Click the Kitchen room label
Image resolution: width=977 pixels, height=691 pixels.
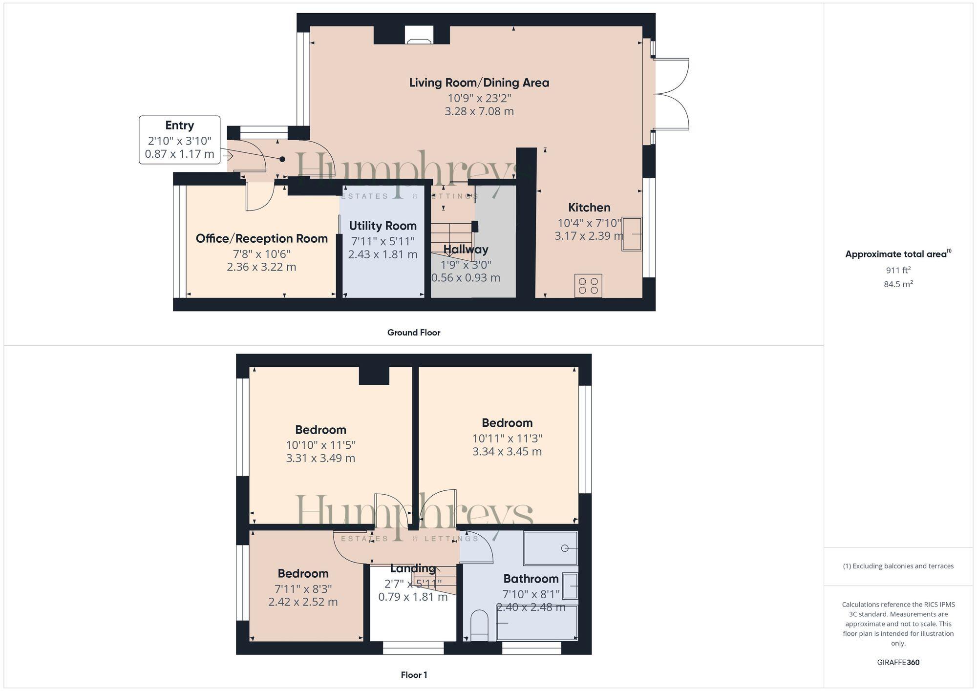click(x=589, y=208)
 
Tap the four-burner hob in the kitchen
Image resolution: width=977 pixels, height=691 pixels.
click(x=588, y=286)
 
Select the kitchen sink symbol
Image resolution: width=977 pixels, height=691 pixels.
click(x=632, y=234)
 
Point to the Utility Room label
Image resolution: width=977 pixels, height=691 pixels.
click(x=382, y=226)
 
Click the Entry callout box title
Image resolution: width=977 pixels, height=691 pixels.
click(x=179, y=126)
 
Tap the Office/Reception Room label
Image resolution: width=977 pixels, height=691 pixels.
click(x=261, y=239)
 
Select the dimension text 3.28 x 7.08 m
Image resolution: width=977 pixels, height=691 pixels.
click(x=479, y=111)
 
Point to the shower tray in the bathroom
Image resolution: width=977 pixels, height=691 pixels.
click(x=551, y=548)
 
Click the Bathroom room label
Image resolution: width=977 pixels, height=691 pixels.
click(x=531, y=579)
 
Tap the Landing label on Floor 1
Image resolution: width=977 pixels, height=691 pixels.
click(x=413, y=568)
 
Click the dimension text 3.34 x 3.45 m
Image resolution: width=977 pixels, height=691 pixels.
click(x=507, y=452)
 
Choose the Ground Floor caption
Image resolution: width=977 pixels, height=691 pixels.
click(x=414, y=333)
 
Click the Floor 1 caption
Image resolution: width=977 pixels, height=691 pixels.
click(x=414, y=675)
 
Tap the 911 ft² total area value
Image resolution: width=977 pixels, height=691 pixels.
click(x=898, y=270)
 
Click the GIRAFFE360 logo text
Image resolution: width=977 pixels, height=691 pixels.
click(x=898, y=663)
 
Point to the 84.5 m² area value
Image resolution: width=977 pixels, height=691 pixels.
click(x=898, y=284)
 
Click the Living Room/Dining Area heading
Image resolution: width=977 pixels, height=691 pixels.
click(x=479, y=83)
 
